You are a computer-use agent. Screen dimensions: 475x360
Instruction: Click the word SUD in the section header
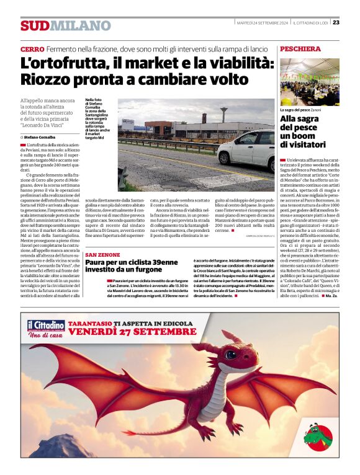34,25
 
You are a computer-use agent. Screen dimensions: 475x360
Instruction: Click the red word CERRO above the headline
32,49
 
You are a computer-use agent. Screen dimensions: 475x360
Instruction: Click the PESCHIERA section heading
300,48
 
